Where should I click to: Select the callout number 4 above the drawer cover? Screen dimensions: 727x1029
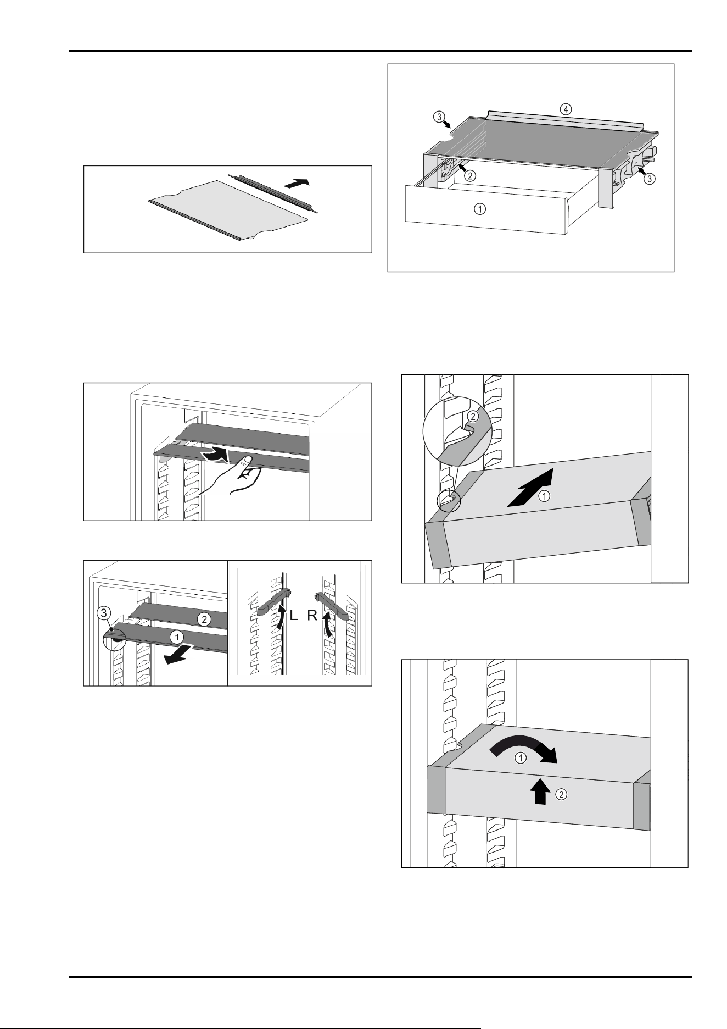click(566, 108)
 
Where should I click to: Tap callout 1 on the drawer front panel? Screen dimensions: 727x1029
click(480, 209)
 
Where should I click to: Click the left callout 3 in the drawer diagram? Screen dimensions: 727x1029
click(438, 117)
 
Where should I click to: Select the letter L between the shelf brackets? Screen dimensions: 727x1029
click(294, 616)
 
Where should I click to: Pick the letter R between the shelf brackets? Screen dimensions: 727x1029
click(312, 616)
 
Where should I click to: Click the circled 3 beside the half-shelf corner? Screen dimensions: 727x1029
click(106, 612)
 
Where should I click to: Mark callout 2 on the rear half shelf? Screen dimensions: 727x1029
click(204, 619)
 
